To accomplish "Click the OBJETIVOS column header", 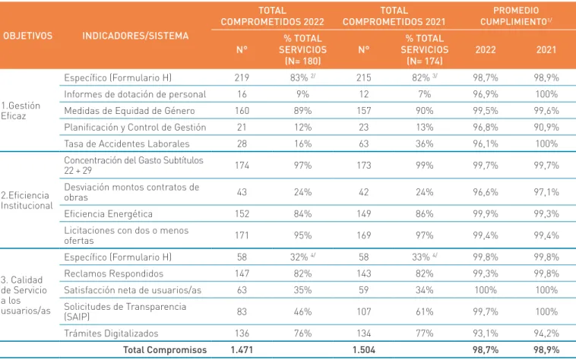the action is tap(28, 36).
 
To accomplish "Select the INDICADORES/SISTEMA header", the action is tap(135, 36).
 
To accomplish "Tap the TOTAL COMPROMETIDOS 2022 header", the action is tap(272, 16).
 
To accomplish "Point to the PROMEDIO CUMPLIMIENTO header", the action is tap(516, 16).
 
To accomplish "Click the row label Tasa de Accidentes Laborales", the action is tap(127, 144).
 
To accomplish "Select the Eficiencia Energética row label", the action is tap(108, 213).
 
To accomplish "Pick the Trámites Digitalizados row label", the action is tap(111, 333).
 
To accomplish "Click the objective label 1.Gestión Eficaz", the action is tap(21, 110).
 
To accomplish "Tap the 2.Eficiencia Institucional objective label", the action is tap(27, 201).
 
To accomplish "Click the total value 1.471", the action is tap(242, 349).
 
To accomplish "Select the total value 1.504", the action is tap(364, 349).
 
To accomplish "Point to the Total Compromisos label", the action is tap(165, 349).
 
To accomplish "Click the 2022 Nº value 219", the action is tap(242, 77).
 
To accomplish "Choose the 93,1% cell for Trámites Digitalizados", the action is tap(486, 333).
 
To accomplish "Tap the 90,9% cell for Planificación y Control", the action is tap(546, 127).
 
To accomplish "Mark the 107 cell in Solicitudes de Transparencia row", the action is tap(364, 311).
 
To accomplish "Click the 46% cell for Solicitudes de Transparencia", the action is tap(302, 311).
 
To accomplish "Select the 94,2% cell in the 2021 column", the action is tap(546, 333).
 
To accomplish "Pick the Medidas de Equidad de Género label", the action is tap(129, 110).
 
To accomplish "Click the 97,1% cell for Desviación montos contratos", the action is tap(546, 192).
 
